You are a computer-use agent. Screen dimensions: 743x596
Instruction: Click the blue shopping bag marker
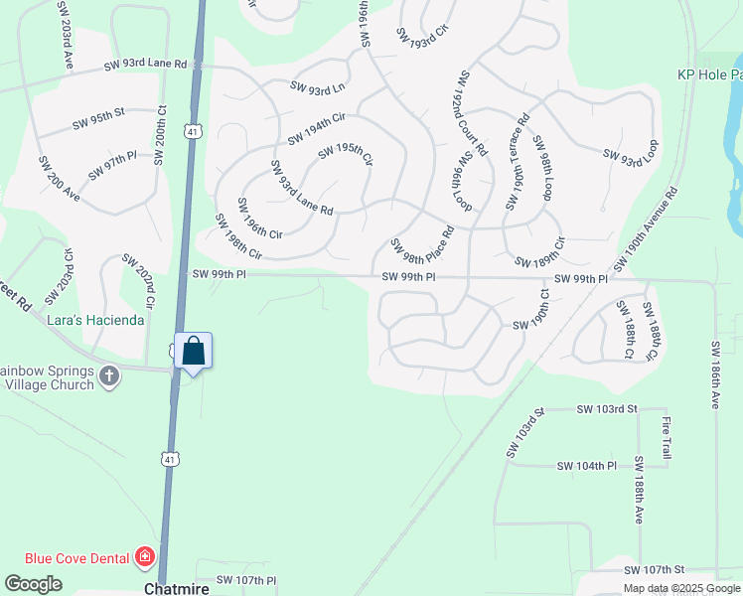pos(194,352)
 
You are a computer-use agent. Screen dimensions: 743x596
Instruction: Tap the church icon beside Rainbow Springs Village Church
pos(110,376)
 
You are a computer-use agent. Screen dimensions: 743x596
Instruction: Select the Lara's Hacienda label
pos(96,321)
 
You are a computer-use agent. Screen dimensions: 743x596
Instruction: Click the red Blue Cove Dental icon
pos(146,556)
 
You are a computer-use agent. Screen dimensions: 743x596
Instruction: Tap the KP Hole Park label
pos(709,74)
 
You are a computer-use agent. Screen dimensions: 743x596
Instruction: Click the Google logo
pos(33,584)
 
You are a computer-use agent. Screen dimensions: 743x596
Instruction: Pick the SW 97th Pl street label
pos(111,166)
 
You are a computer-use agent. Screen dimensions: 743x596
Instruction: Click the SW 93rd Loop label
pos(631,151)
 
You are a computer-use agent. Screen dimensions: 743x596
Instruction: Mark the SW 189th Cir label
pos(539,253)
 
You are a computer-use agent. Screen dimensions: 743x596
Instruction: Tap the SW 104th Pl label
pos(586,466)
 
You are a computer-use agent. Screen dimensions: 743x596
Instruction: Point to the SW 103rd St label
pos(525,433)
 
